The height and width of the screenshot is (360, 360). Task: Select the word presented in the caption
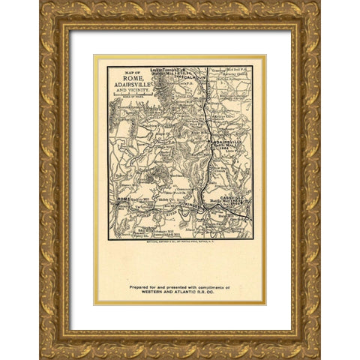pos(172,286)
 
